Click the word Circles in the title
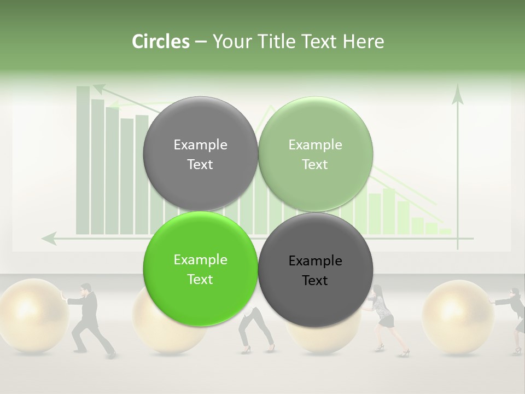click(160, 42)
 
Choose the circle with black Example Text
click(316, 270)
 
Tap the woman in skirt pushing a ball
click(385, 317)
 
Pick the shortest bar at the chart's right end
click(446, 231)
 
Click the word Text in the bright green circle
click(200, 280)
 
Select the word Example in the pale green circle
click(316, 145)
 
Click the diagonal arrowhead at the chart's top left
click(99, 88)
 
